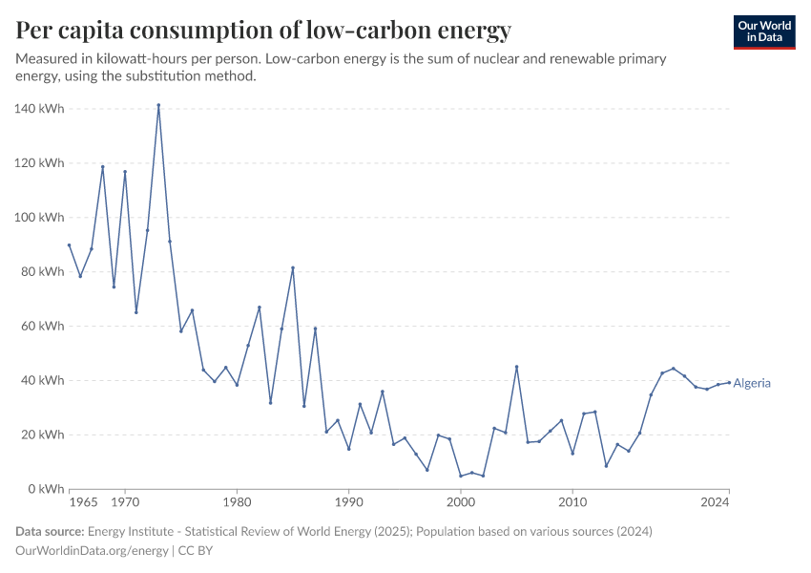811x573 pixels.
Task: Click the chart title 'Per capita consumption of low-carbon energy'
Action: coord(263,31)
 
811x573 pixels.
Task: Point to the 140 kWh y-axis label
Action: coord(39,109)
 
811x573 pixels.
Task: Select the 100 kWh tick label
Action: coord(39,218)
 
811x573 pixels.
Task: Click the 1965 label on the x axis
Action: coord(83,501)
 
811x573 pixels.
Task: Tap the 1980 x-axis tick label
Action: coord(237,501)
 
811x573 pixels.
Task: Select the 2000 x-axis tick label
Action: coord(461,501)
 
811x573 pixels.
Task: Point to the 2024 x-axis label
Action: coord(716,501)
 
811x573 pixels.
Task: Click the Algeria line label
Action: coord(752,384)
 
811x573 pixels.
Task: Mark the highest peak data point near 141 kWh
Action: coord(158,105)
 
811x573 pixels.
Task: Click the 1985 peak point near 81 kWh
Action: coord(293,267)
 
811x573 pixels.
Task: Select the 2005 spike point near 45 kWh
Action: coord(516,367)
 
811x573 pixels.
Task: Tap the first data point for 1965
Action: coord(70,244)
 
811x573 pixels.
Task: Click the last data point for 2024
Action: coord(729,383)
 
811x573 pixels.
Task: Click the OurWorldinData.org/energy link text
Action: coord(93,551)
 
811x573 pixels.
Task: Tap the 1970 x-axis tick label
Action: coord(125,501)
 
